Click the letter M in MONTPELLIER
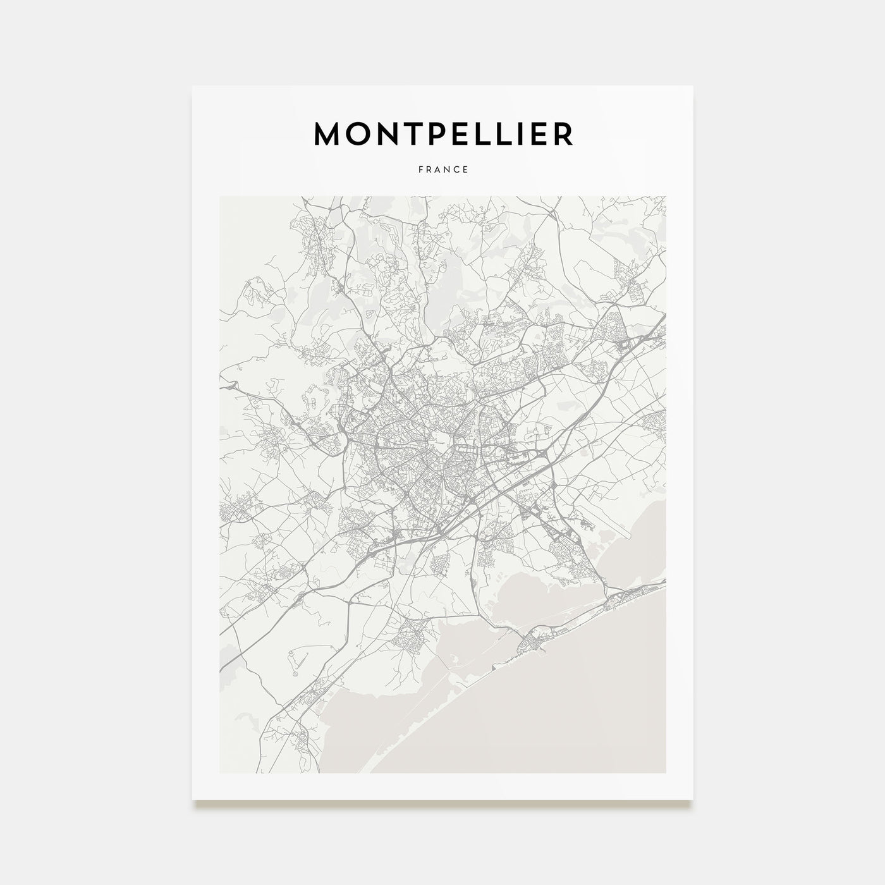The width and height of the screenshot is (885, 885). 329,133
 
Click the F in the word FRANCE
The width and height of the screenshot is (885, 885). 420,169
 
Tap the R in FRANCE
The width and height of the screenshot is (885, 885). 429,169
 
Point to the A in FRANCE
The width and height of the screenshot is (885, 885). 438,169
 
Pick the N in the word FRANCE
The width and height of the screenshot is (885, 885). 448,169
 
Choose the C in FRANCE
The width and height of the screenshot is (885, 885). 457,169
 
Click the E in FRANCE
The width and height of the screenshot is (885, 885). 466,169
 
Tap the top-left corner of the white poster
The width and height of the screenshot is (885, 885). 193,87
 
